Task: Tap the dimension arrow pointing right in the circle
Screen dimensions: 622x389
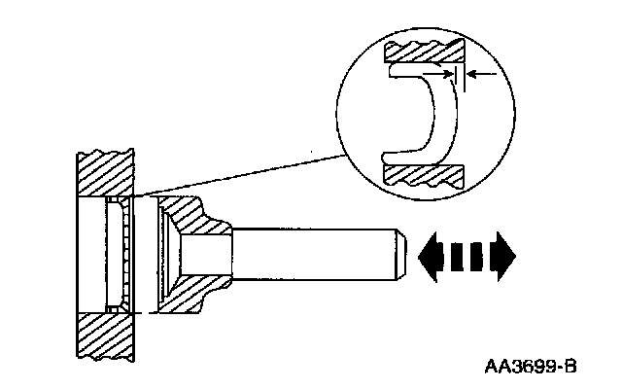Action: coord(442,73)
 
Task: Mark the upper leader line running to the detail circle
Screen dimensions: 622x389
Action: coord(243,173)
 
